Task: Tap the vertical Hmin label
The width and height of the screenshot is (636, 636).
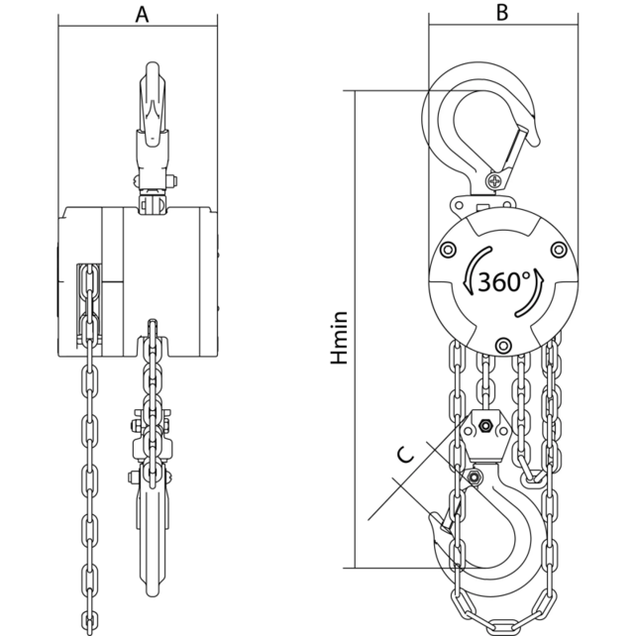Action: (x=340, y=340)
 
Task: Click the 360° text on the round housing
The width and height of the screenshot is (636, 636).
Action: (x=504, y=281)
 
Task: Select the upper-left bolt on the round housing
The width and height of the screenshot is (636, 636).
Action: (x=452, y=249)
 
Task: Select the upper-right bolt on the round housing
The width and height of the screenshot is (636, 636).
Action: (x=558, y=249)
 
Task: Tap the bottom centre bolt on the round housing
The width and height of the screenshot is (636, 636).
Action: (x=504, y=345)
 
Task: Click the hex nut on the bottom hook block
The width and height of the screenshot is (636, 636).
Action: (x=485, y=427)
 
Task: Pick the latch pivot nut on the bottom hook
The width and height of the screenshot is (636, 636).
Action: (x=476, y=479)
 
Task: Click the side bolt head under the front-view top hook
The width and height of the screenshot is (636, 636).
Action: (x=171, y=182)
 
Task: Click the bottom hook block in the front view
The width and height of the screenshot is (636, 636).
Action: (x=151, y=466)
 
